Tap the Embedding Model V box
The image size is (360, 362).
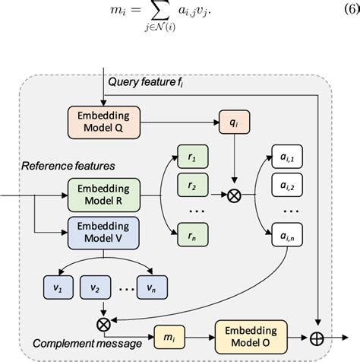coord(104,231)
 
